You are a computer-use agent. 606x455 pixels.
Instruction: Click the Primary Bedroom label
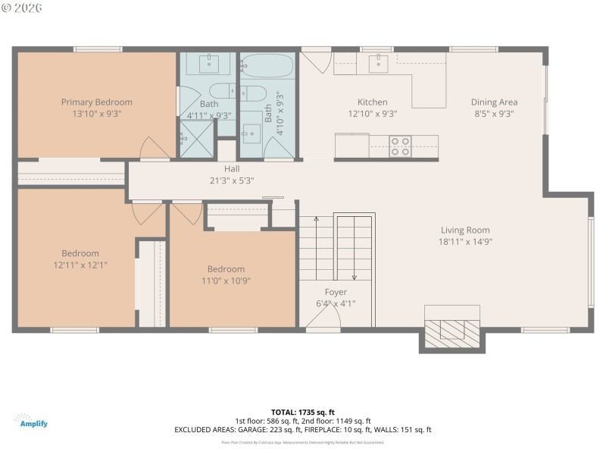tap(97, 102)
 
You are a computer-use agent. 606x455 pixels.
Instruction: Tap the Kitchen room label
tap(372, 102)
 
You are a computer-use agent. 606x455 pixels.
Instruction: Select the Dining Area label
tap(494, 102)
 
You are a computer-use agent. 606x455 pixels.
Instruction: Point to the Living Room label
tap(465, 231)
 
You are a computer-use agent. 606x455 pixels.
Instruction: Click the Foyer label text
tap(336, 292)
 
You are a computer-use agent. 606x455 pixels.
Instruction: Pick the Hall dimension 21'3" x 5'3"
tap(232, 180)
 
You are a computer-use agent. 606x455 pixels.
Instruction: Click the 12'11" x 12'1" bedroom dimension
tap(80, 265)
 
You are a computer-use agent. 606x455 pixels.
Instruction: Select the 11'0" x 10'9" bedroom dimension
tap(226, 281)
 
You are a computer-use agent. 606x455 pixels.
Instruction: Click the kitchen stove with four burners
tap(400, 146)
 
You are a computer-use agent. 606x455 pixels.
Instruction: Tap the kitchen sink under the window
tap(379, 63)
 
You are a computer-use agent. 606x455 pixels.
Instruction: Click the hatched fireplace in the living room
tap(451, 332)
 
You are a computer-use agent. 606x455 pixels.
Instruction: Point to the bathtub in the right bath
tap(267, 67)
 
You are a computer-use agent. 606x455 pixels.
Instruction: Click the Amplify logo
tap(30, 421)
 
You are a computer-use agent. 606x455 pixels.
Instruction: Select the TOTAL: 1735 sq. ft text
tap(303, 412)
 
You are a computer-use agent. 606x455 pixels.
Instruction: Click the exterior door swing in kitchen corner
tap(315, 59)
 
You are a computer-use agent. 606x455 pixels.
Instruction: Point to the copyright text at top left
tap(22, 7)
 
